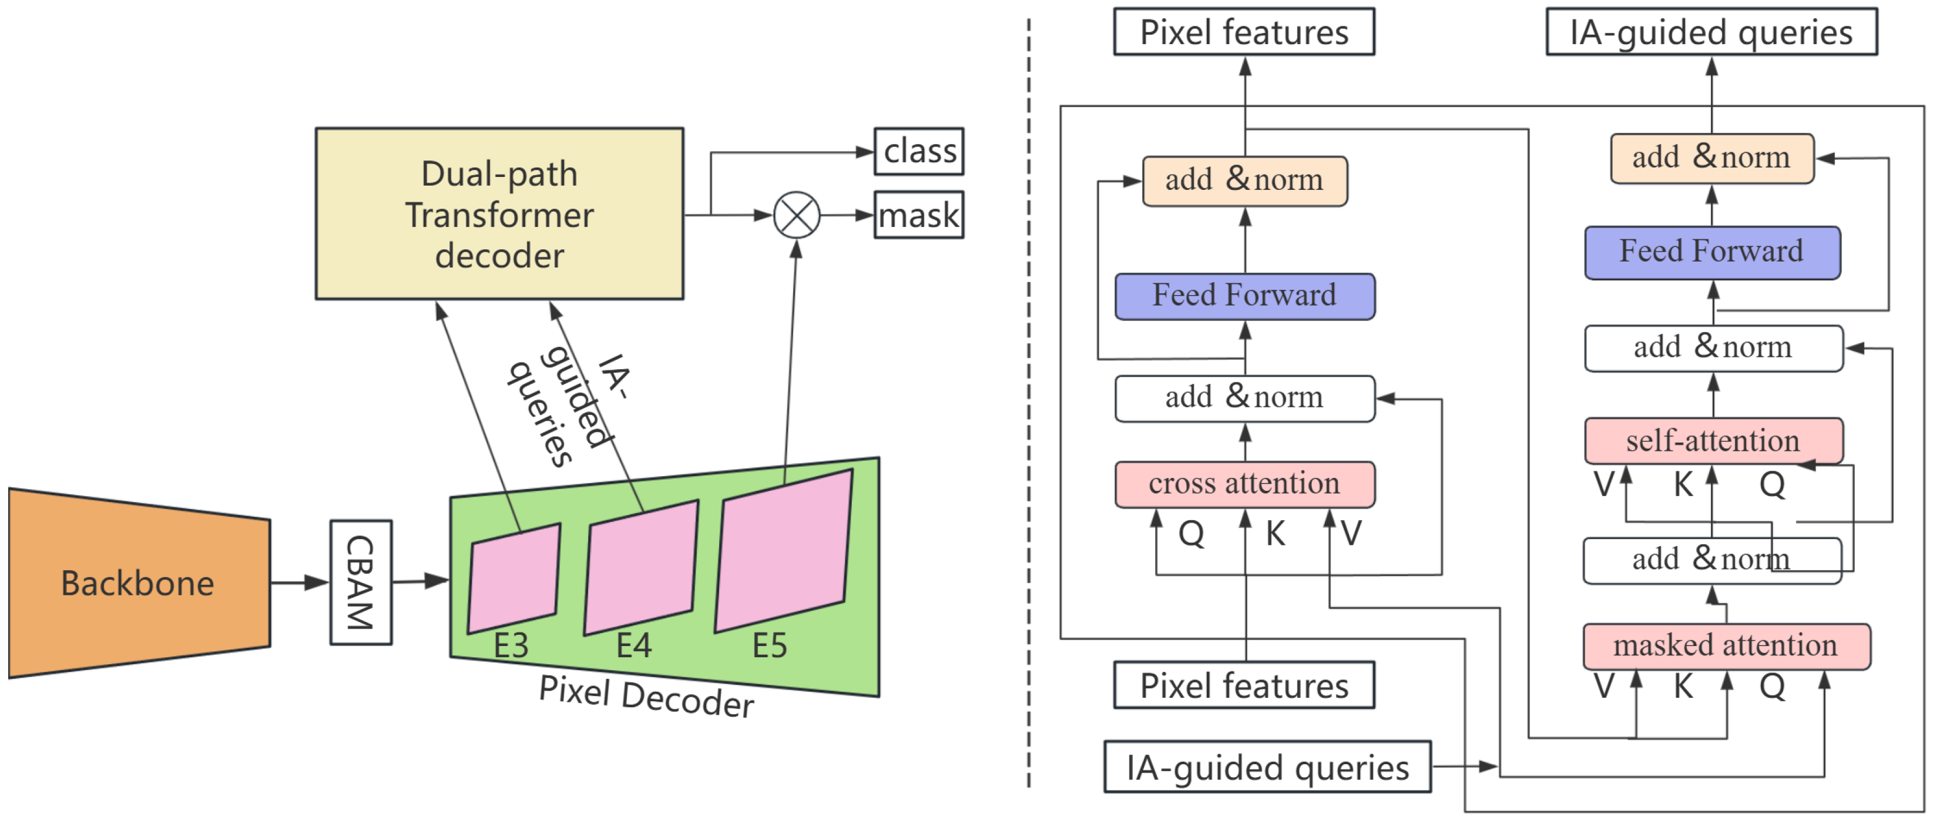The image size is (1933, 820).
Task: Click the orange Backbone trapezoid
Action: point(139,583)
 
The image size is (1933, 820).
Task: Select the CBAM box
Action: point(361,582)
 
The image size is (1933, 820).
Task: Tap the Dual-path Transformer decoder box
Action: point(499,214)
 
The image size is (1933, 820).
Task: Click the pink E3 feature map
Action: point(514,578)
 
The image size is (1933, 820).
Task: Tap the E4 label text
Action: point(633,646)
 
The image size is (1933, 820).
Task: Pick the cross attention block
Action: point(1244,484)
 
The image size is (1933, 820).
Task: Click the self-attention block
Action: point(1713,441)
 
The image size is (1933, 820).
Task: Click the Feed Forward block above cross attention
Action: point(1244,296)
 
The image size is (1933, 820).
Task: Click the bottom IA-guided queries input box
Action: point(1267,767)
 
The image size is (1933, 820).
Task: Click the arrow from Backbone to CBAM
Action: point(300,582)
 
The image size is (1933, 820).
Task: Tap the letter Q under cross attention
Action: point(1191,534)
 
